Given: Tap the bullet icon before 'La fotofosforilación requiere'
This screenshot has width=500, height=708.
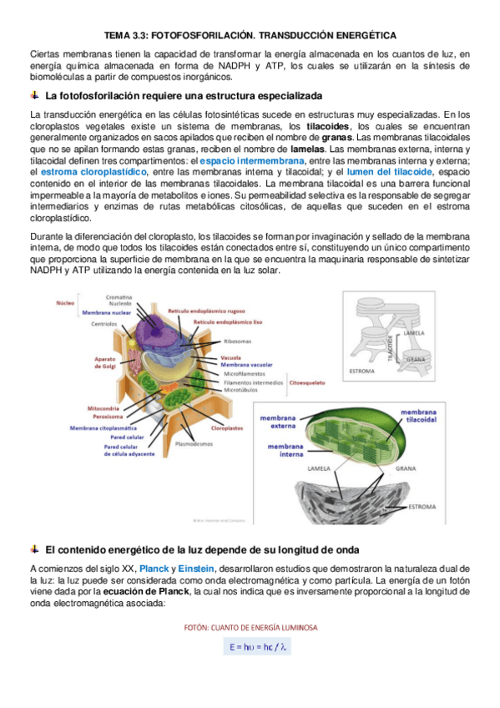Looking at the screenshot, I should (34, 95).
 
